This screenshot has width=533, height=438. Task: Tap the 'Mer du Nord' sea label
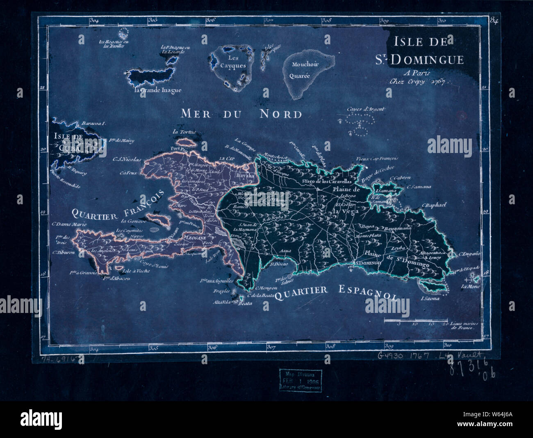241,113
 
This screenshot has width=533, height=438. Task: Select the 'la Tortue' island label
184,132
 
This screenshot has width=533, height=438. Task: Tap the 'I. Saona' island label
430,299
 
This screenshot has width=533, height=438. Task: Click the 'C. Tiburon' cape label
64,253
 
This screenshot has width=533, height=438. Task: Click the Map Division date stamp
301,379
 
